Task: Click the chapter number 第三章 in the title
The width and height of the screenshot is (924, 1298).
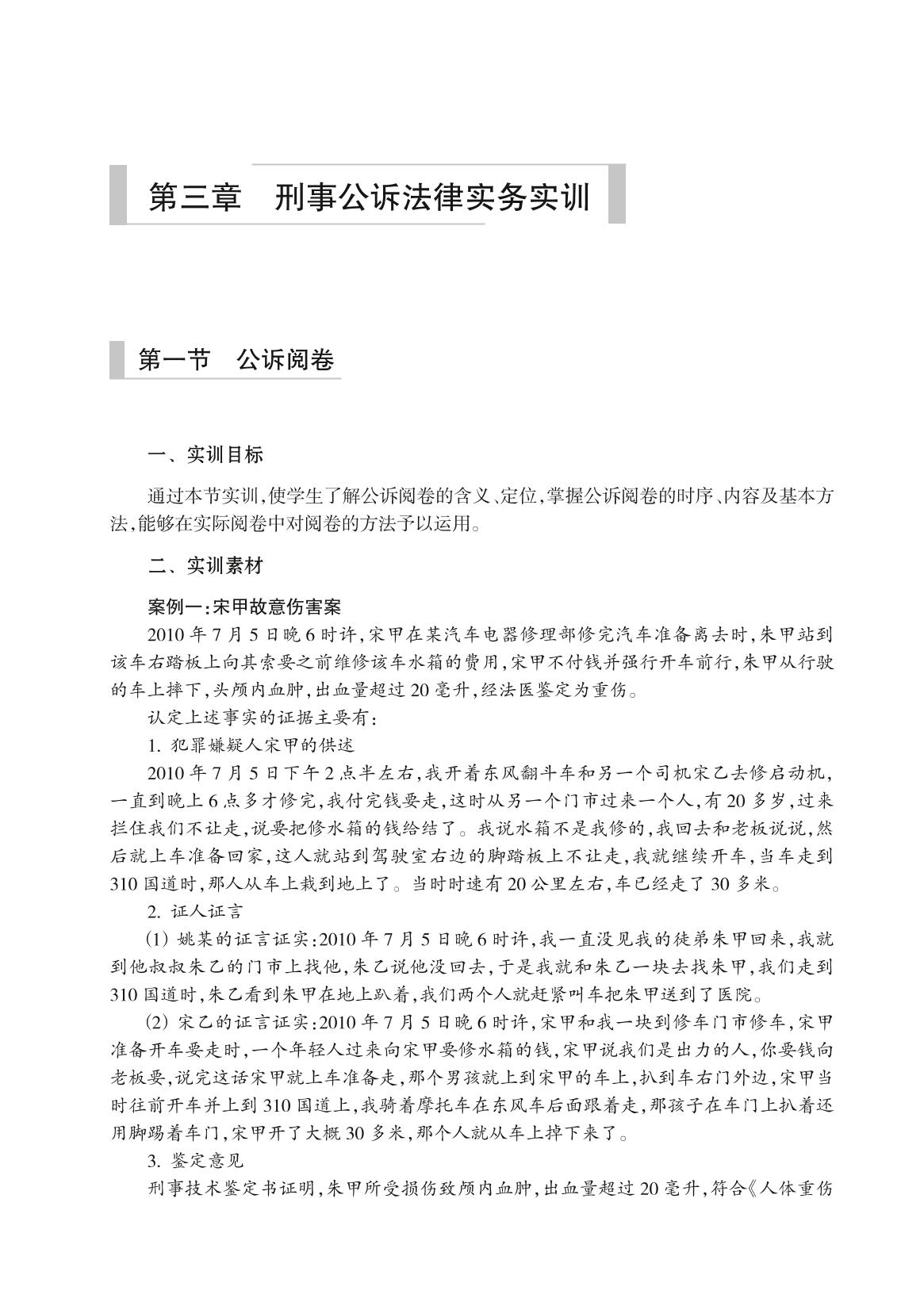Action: [195, 197]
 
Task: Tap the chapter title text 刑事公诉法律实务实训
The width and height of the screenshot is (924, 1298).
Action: [432, 197]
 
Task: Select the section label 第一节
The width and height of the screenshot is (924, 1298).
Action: [174, 360]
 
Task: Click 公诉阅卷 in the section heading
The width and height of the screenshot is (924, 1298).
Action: [286, 360]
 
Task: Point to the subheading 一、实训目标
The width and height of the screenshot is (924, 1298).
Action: [205, 455]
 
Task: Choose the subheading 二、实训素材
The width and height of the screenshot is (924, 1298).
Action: [205, 566]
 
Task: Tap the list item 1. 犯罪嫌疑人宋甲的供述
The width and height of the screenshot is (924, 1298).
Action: [251, 745]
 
